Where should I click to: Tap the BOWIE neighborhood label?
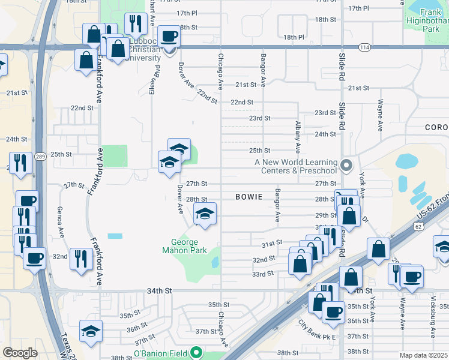click(x=249, y=196)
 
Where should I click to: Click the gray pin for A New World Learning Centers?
click(x=346, y=164)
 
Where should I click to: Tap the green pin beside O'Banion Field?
click(x=196, y=353)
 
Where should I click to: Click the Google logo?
click(x=20, y=353)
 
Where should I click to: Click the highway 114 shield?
click(x=364, y=47)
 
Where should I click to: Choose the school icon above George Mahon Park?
click(x=205, y=214)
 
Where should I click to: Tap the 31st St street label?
click(x=271, y=243)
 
